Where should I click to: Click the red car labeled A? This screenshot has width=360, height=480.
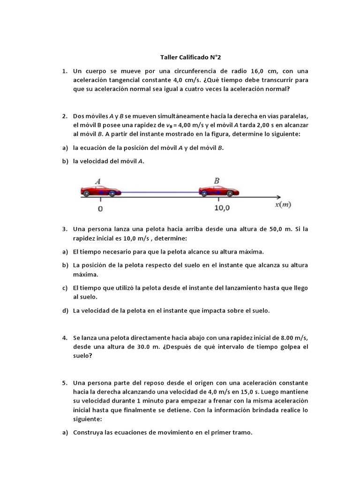coord(101,190)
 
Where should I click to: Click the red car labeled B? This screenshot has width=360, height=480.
coord(219,190)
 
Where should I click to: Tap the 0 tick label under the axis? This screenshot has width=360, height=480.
coord(100,209)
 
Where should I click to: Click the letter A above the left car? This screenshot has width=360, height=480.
coord(98,180)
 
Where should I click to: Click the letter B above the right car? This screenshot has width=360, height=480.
coord(217,180)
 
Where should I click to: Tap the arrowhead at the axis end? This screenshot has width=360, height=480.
coord(278,196)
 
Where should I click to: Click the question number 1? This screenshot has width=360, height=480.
coord(64,71)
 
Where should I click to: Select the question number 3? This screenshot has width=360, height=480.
coord(64,229)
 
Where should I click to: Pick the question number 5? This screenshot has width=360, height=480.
coord(64,382)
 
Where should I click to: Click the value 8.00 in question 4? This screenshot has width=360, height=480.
coord(279,337)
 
